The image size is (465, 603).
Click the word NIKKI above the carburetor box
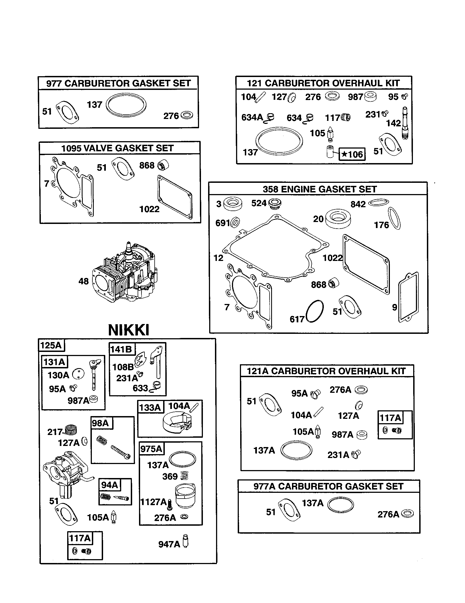tap(129, 330)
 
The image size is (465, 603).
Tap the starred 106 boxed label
tap(352, 154)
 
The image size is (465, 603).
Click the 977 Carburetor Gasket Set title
tap(118, 83)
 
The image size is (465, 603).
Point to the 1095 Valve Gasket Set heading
tap(117, 148)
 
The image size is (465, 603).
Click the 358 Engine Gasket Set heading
tap(319, 189)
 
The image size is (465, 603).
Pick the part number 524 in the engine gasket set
tap(259, 203)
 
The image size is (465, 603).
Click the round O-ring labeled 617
tap(315, 311)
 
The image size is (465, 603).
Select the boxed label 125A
tap(51, 345)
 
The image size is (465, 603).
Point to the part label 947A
tap(169, 544)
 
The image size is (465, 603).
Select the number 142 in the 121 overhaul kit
tap(393, 123)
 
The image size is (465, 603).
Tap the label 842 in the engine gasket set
tap(358, 204)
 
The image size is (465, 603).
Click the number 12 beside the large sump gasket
tap(218, 258)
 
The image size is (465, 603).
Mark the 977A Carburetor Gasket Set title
tap(328, 486)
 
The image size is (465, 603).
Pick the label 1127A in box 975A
tap(154, 502)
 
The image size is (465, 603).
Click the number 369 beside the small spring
tap(170, 476)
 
